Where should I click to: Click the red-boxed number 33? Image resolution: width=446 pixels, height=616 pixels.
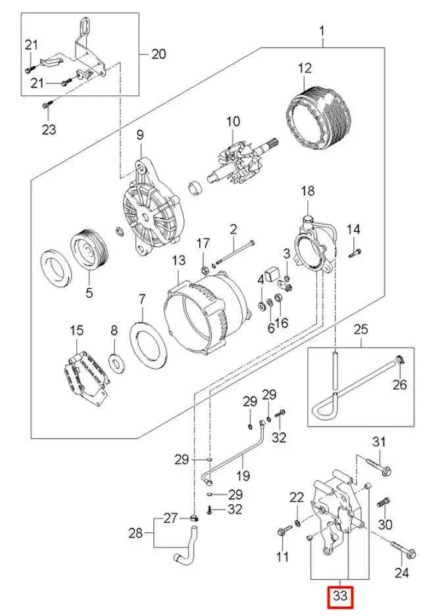coord(341,597)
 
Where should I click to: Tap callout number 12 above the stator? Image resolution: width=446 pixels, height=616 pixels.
coord(304,68)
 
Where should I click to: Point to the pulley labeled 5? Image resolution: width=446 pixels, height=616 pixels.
coord(87,251)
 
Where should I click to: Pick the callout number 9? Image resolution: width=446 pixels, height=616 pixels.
coord(139,135)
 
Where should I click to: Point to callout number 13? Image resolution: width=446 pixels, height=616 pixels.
coord(180,261)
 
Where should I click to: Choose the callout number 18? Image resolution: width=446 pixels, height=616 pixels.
coord(308,192)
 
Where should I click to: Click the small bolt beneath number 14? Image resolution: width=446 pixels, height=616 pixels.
coord(353,253)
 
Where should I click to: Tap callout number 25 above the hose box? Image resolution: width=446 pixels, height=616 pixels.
coord(360,328)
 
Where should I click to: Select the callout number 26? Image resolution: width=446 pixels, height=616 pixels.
coord(401,385)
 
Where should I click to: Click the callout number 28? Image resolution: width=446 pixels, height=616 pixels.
coord(135,532)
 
